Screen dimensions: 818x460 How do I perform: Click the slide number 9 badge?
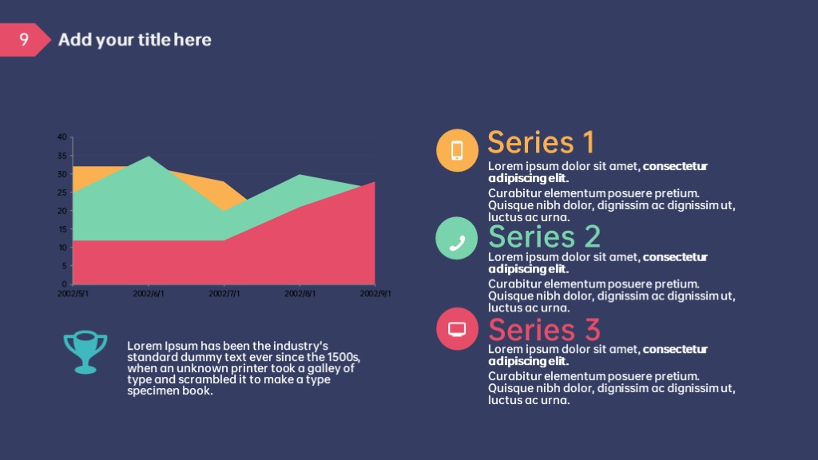click(x=23, y=40)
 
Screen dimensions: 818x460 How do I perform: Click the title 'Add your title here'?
click(x=134, y=40)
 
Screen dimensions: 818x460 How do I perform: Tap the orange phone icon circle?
click(x=457, y=150)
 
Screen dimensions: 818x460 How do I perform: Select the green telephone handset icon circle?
click(x=456, y=238)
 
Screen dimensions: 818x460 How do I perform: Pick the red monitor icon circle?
click(x=457, y=328)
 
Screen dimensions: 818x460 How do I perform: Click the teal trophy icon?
click(x=85, y=352)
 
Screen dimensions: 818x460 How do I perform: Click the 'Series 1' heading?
click(x=541, y=142)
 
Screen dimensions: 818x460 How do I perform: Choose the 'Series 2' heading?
click(x=544, y=236)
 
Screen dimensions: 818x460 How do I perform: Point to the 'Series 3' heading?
click(x=544, y=330)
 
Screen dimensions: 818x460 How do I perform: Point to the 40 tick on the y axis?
click(x=62, y=137)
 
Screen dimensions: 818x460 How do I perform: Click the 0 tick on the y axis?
click(x=64, y=284)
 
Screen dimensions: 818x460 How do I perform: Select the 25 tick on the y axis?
click(x=62, y=192)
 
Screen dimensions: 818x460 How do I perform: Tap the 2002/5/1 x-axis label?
click(x=73, y=294)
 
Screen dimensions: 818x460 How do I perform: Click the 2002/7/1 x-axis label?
click(x=224, y=294)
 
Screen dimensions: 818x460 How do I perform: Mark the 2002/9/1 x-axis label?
click(x=375, y=294)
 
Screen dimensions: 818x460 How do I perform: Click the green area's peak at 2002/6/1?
click(x=149, y=157)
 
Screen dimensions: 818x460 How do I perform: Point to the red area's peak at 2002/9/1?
click(x=375, y=182)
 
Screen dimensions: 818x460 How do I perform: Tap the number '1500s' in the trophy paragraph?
click(x=343, y=357)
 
